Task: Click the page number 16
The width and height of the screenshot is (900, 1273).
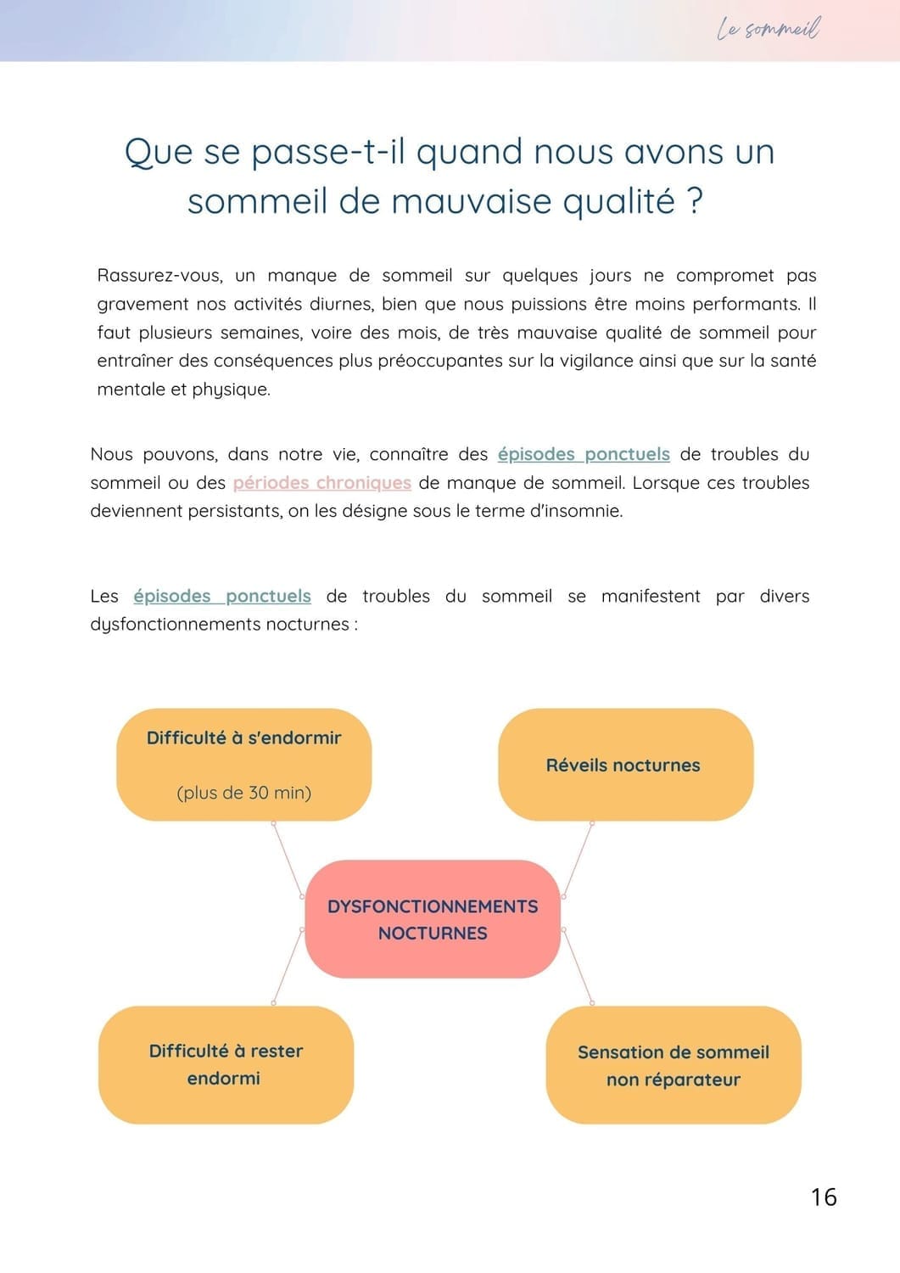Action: coord(824,1197)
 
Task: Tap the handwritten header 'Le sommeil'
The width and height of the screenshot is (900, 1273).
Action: coord(769,30)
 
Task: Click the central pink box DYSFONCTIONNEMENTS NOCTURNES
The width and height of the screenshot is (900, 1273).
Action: coord(433,920)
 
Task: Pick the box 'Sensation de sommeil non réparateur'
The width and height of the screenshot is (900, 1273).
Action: coord(674,1066)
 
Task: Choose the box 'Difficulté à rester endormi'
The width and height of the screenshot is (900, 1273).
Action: coord(226,1064)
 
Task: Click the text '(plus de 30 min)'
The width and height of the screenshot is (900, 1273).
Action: coord(244,793)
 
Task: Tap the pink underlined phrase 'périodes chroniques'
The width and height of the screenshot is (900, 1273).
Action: coord(321,483)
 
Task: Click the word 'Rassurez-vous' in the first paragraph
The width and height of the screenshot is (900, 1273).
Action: coord(159,276)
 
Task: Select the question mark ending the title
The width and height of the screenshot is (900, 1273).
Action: coord(695,202)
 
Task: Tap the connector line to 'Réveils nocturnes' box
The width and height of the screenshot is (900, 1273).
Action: coord(578,859)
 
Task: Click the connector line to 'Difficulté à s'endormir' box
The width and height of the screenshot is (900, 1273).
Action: coord(288,859)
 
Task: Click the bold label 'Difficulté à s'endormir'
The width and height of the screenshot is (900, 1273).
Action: coord(244,738)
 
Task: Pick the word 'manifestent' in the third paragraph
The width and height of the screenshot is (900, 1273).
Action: coord(651,596)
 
